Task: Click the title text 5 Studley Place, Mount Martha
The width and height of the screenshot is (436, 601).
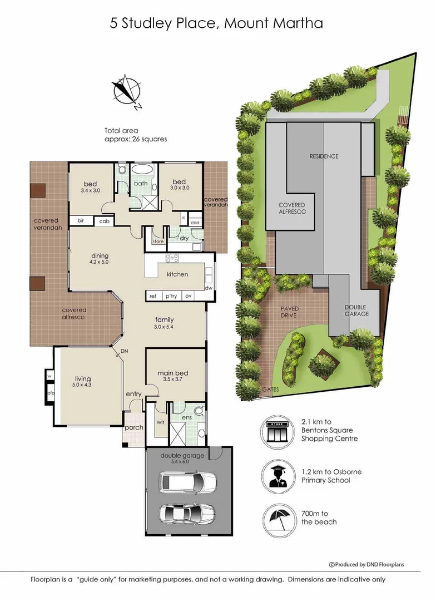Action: pyautogui.click(x=216, y=23)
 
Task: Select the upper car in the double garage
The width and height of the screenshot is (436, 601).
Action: pyautogui.click(x=182, y=481)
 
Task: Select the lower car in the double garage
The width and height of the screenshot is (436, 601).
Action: pyautogui.click(x=182, y=514)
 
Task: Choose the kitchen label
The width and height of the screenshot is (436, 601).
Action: pyautogui.click(x=177, y=274)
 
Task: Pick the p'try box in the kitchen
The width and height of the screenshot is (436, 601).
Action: pyautogui.click(x=171, y=295)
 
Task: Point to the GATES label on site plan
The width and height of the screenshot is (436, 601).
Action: pyautogui.click(x=271, y=390)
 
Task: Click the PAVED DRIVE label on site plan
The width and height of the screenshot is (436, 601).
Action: pyautogui.click(x=289, y=312)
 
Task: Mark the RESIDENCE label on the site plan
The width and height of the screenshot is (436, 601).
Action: pyautogui.click(x=324, y=156)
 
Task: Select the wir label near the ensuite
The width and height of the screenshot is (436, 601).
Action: pyautogui.click(x=161, y=422)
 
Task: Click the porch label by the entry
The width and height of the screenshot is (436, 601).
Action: pyautogui.click(x=135, y=427)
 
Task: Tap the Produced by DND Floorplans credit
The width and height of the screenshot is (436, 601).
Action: pyautogui.click(x=367, y=564)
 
